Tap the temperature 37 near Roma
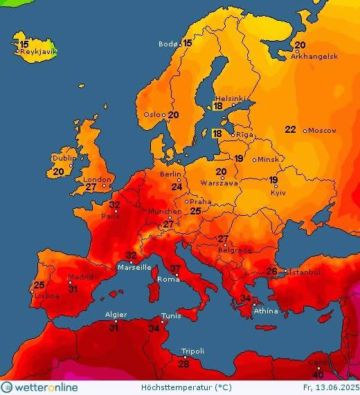(176, 268)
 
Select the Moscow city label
(322, 130)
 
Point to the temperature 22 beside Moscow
(291, 129)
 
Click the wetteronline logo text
(45, 387)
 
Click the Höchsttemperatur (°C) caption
(177, 387)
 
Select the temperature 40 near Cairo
(318, 374)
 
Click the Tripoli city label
(192, 351)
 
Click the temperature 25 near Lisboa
(39, 285)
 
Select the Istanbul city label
(304, 273)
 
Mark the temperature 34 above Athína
(245, 298)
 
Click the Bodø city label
(168, 44)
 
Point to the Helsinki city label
(230, 98)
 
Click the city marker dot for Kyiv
(275, 187)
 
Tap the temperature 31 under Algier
(114, 327)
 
